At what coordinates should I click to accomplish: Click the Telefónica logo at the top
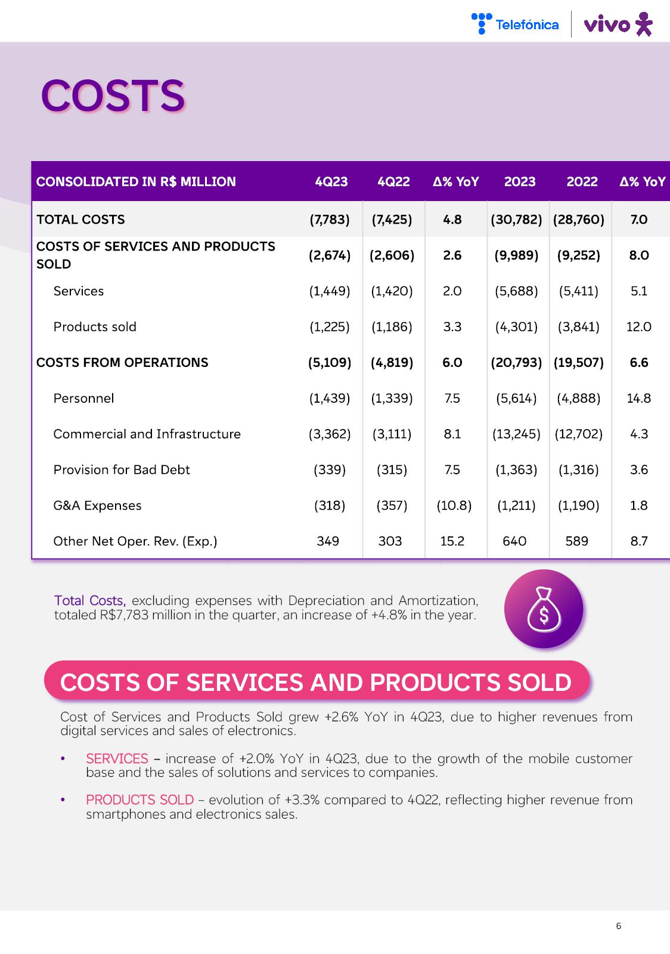click(515, 24)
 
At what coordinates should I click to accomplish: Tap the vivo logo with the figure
click(618, 24)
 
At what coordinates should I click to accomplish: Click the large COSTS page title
click(113, 95)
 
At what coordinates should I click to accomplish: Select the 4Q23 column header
click(331, 181)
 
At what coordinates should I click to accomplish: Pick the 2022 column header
click(582, 181)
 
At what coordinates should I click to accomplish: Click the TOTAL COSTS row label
click(80, 220)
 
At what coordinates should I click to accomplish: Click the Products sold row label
click(95, 327)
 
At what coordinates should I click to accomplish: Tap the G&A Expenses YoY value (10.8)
click(454, 506)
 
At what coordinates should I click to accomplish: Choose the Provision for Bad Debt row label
click(122, 470)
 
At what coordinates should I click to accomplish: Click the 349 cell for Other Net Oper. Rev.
click(328, 541)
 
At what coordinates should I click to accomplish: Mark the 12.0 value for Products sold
click(638, 327)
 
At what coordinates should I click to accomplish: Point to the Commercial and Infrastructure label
click(147, 434)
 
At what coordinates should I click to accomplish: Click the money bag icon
click(543, 609)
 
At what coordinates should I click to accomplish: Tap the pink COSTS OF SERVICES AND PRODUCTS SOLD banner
click(316, 682)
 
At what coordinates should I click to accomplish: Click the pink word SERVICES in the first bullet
click(117, 758)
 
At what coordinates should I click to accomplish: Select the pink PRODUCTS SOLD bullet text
click(139, 799)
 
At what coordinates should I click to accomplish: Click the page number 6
click(618, 926)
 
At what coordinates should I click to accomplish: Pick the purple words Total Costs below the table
click(90, 600)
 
